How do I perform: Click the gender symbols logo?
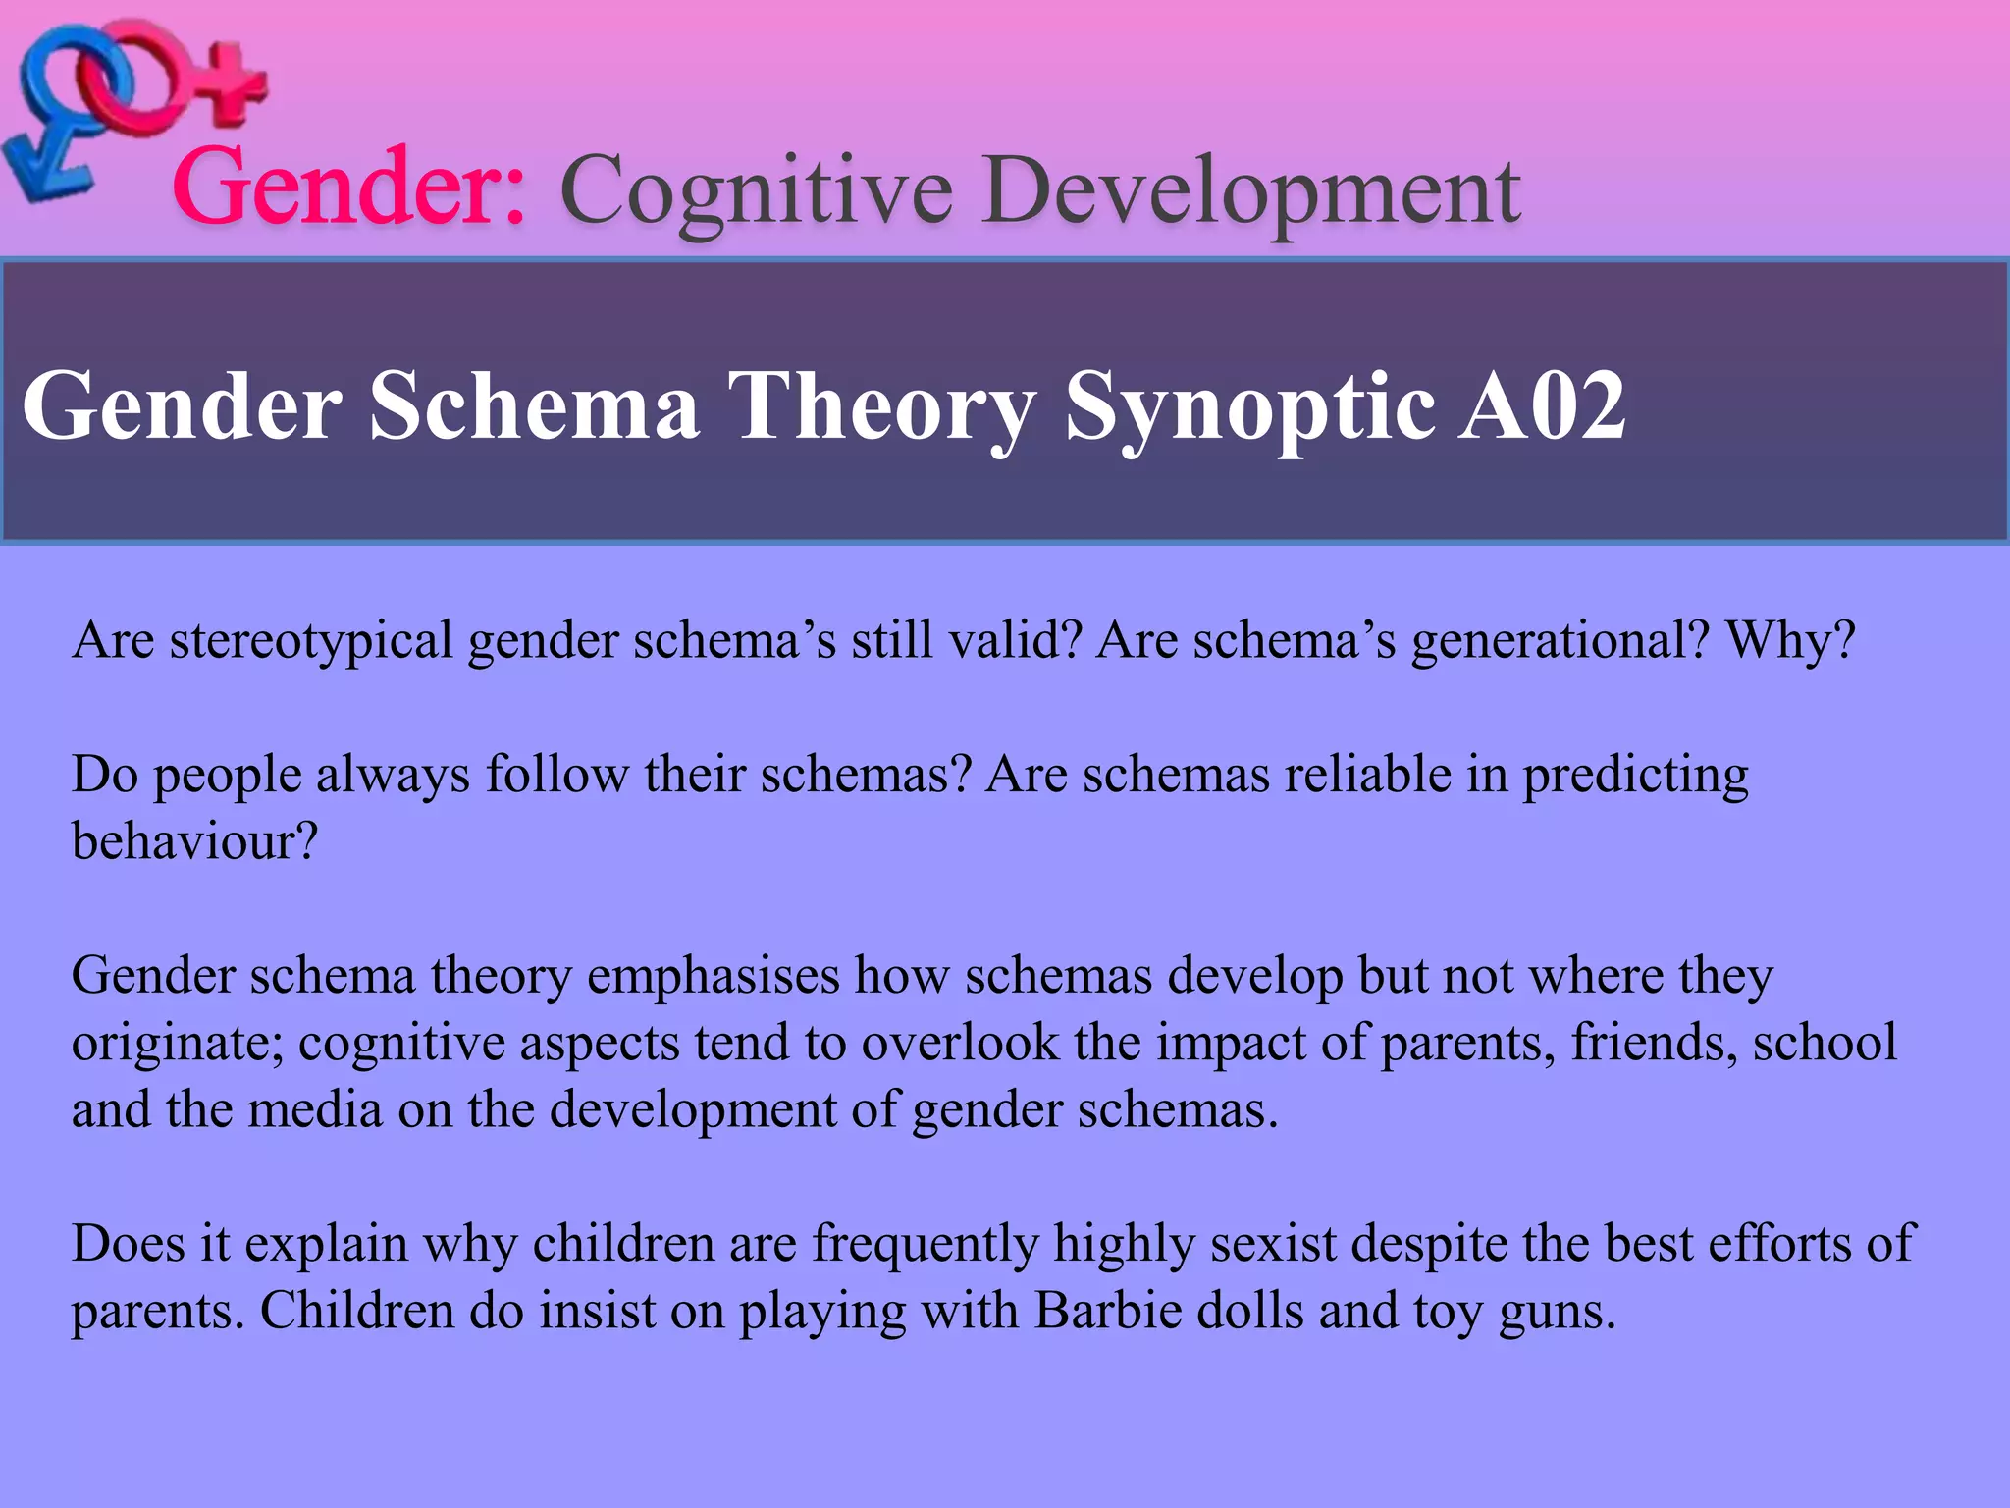point(132,103)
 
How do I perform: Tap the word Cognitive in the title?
point(756,191)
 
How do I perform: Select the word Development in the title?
point(1252,191)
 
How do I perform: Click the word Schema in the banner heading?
point(534,406)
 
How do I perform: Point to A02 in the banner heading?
point(1542,406)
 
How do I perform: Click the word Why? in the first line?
point(1791,641)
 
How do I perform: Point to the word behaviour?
point(195,841)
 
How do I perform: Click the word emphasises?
point(714,978)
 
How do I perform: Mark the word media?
point(315,1110)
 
